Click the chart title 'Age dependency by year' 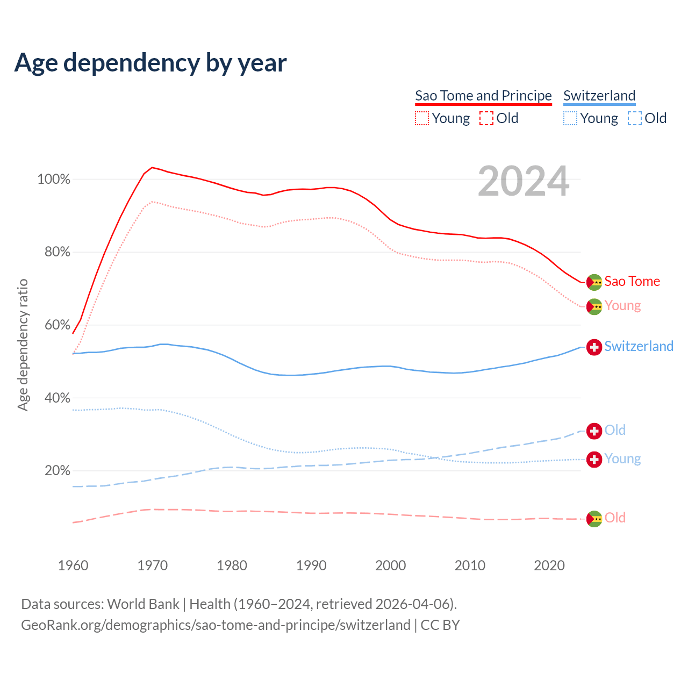(x=150, y=62)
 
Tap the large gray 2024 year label (x=523, y=182)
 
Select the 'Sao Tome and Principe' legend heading (x=483, y=96)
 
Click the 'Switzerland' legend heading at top (x=599, y=96)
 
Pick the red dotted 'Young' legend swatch (x=422, y=118)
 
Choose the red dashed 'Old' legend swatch (x=486, y=118)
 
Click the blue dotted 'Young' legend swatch (x=570, y=118)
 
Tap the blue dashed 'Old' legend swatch (x=635, y=118)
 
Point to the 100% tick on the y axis (x=54, y=180)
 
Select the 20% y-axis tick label (x=57, y=471)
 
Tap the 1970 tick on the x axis (x=153, y=565)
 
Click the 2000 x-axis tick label (x=391, y=565)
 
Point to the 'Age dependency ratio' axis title (x=23, y=345)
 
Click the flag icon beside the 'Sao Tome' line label (x=594, y=282)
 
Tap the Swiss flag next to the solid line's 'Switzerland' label (x=594, y=347)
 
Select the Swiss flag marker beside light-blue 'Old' (x=594, y=431)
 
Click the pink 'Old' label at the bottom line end (x=615, y=518)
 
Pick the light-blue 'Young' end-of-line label (x=622, y=458)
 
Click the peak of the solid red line (x=152, y=167)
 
